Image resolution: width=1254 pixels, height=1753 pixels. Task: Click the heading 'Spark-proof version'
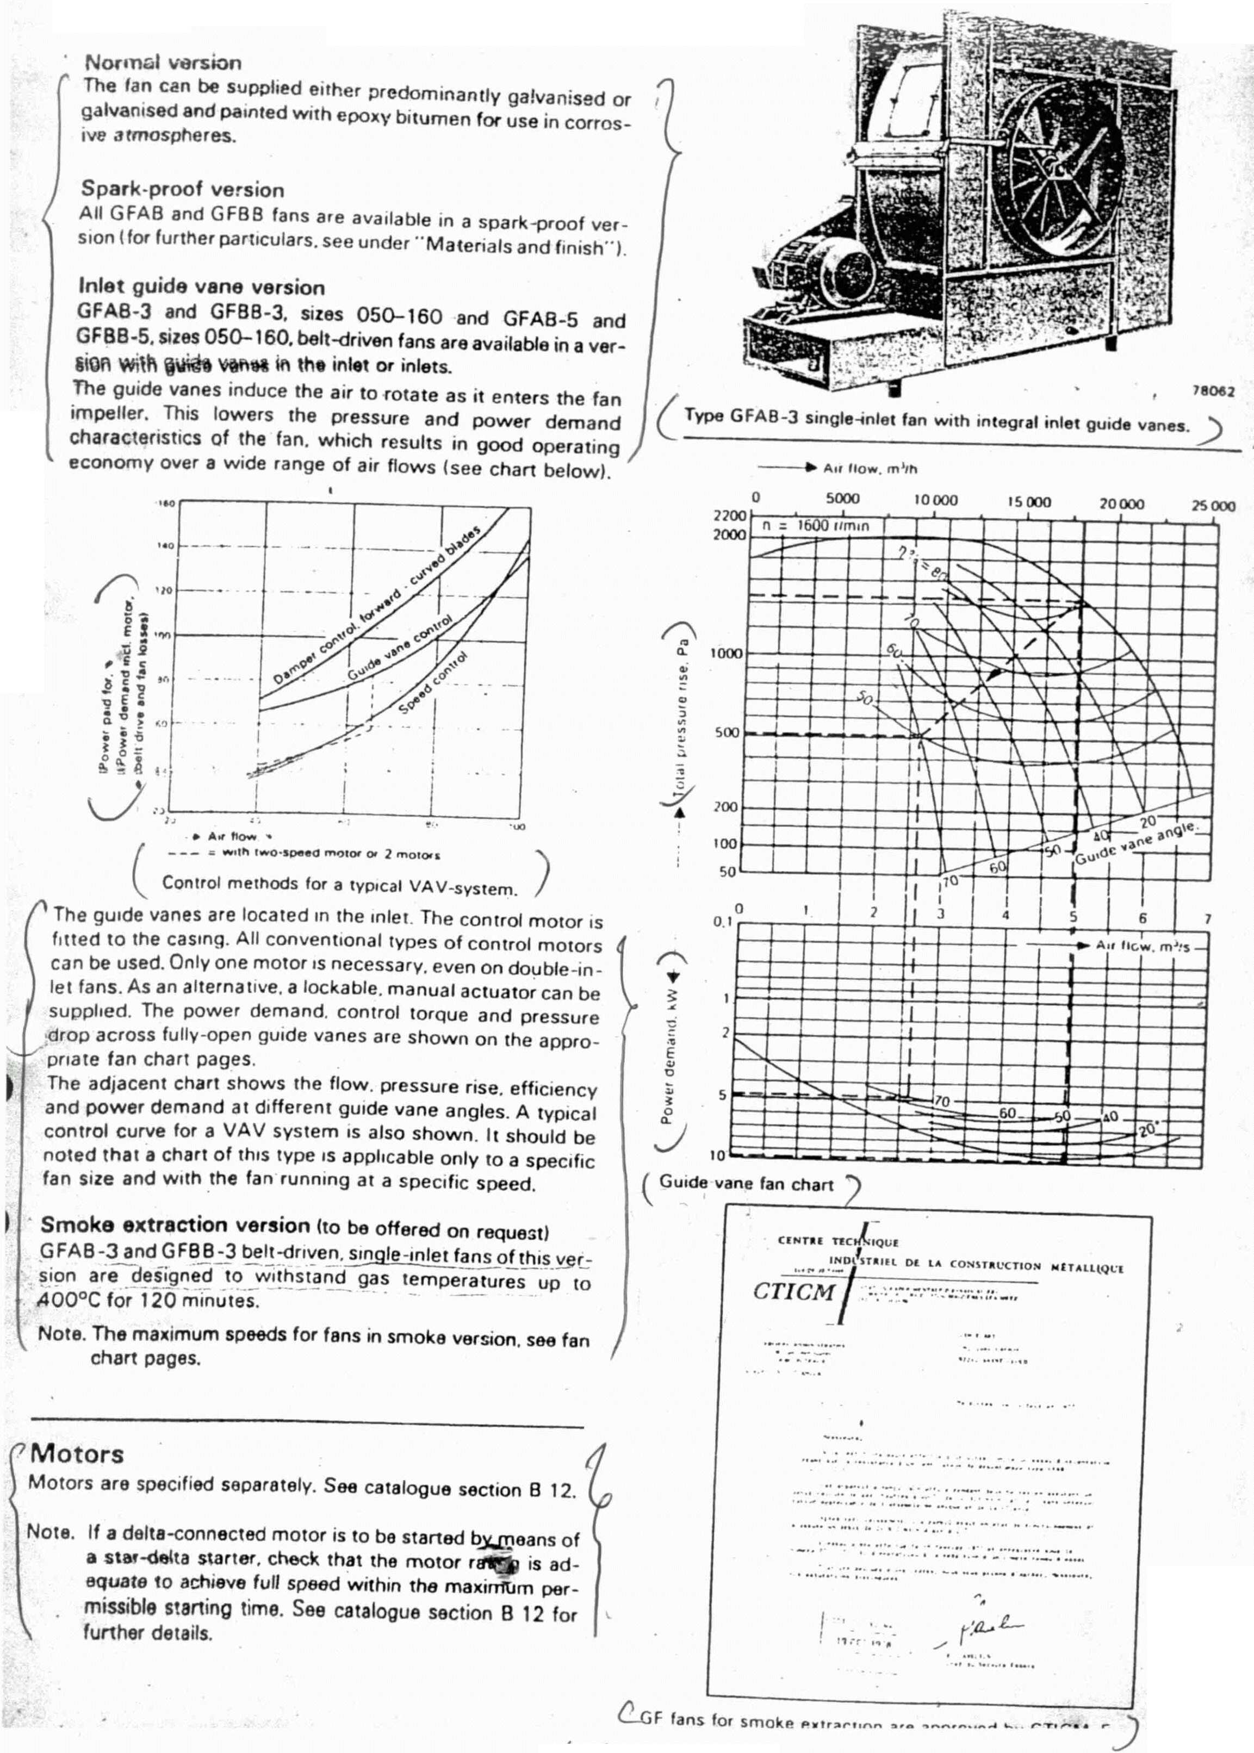click(x=182, y=189)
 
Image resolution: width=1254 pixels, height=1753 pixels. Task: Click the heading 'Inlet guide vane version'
click(x=202, y=287)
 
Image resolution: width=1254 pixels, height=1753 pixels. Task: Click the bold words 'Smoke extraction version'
click(x=175, y=1225)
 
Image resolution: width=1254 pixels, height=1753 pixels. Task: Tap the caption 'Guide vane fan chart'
click(x=746, y=1184)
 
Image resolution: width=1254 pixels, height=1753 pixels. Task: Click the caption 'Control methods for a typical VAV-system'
click(x=339, y=886)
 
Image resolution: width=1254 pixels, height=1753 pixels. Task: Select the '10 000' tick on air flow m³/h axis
click(x=935, y=500)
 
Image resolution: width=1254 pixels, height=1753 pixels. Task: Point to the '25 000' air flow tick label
click(x=1212, y=506)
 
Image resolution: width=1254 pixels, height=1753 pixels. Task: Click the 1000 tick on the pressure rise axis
click(x=726, y=653)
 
